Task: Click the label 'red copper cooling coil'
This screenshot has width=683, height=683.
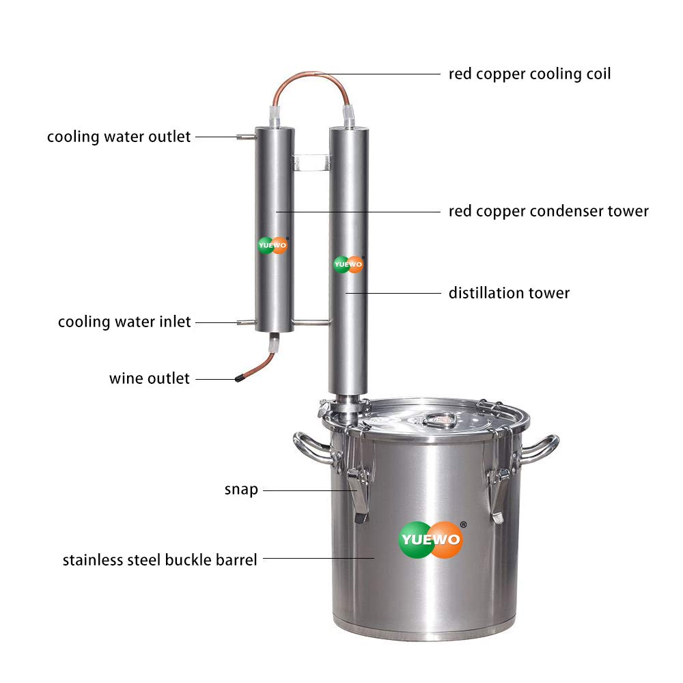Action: [x=529, y=73]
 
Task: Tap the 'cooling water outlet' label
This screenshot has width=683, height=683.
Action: [x=119, y=137]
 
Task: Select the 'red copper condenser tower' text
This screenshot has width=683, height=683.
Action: [x=548, y=211]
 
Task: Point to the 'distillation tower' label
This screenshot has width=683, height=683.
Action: [x=509, y=293]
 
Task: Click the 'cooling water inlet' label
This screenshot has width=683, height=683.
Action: [x=124, y=322]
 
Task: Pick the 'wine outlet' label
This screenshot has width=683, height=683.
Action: [x=149, y=378]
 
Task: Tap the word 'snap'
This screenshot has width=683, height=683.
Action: [x=241, y=490]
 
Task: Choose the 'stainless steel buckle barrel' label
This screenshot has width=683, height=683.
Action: [x=160, y=560]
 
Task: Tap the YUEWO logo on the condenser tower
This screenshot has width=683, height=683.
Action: [x=273, y=245]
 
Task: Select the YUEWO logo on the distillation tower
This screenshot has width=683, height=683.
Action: [x=348, y=264]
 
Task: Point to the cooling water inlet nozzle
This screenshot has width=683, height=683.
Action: [x=245, y=322]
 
